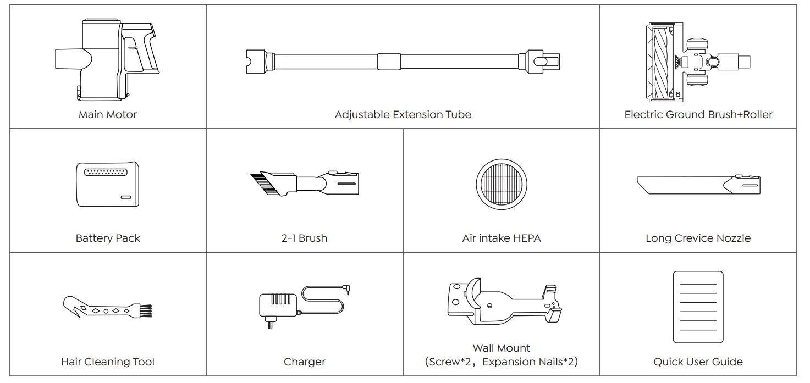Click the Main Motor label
pos(108,115)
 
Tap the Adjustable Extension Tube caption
pos(403,115)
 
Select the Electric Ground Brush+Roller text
pos(698,115)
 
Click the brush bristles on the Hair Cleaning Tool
pos(145,310)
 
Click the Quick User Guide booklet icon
pos(698,307)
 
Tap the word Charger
pos(305,362)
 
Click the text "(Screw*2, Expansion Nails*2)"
pos(501,362)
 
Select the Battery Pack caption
pos(108,238)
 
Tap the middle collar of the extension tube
pos(389,60)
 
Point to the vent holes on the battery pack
pos(107,172)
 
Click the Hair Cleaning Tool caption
pos(108,362)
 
